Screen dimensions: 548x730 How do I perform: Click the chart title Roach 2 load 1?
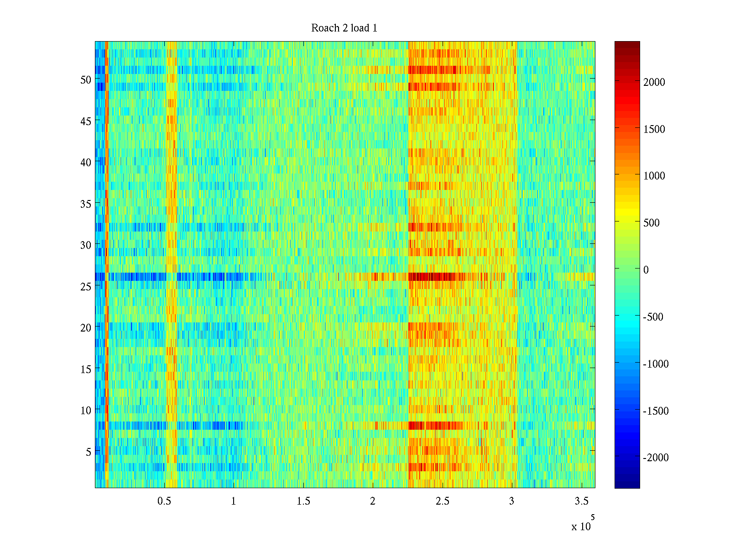344,28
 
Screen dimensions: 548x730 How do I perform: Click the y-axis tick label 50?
86,80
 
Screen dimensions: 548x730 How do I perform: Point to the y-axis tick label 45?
86,121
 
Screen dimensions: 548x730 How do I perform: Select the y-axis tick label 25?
86,287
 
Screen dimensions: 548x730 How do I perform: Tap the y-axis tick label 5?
89,452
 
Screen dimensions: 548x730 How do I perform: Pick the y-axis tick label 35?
86,204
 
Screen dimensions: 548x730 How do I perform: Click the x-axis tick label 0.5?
164,501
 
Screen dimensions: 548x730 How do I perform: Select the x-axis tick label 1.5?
303,501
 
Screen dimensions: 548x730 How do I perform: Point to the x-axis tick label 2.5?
443,501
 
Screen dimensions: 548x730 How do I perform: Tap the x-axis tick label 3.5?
582,501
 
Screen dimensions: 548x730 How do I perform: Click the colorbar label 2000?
654,83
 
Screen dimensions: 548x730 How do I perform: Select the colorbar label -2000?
656,458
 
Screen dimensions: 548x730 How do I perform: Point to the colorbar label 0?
646,270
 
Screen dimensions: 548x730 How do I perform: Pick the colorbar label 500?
652,223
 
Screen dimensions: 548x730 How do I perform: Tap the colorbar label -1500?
656,411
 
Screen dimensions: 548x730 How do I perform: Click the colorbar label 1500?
654,130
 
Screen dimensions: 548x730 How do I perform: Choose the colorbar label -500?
653,317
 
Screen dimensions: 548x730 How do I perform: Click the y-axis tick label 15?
86,369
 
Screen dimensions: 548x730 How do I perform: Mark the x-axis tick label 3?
511,501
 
